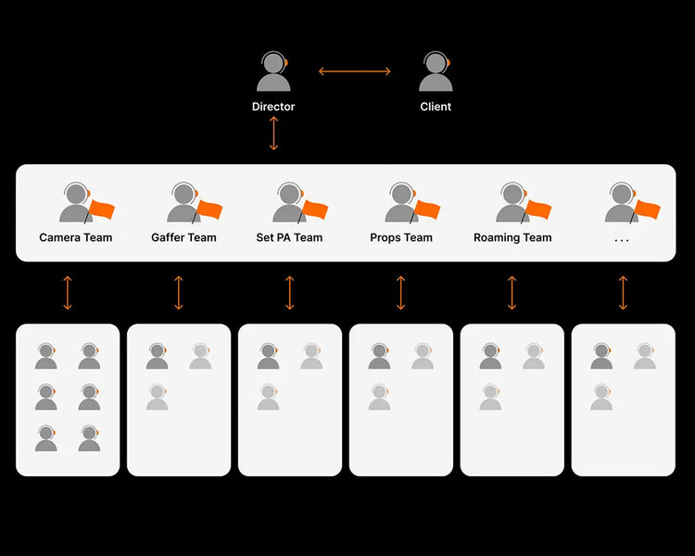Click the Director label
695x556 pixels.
click(273, 107)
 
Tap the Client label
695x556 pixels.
click(436, 107)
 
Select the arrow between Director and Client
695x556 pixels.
click(355, 71)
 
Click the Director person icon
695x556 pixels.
click(273, 72)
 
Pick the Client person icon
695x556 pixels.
click(436, 72)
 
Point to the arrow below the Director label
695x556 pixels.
click(273, 133)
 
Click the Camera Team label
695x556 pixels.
click(76, 237)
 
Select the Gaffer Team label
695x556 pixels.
click(183, 237)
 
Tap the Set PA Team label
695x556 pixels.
click(289, 237)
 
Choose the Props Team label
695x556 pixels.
click(401, 237)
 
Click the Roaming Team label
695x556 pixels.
click(512, 237)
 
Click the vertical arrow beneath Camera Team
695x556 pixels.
click(68, 292)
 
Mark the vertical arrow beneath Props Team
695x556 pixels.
click(401, 292)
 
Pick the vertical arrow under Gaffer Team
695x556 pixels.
click(179, 292)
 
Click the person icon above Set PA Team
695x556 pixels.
click(289, 203)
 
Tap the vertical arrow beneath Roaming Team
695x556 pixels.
click(512, 292)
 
